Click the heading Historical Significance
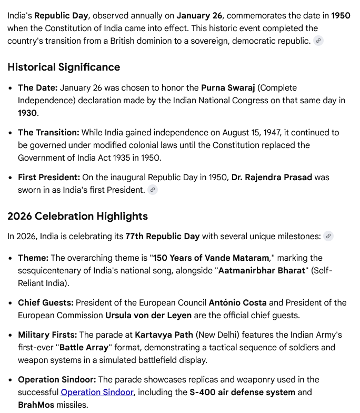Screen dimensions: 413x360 point(64,67)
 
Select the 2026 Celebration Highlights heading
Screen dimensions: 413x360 point(77,216)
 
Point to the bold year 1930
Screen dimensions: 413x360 point(27,113)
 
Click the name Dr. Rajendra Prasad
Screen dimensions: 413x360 point(272,177)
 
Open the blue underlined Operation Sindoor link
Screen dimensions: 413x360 point(97,392)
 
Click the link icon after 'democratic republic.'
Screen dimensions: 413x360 point(318,41)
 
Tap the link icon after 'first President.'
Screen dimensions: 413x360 point(153,190)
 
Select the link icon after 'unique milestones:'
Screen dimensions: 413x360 point(328,236)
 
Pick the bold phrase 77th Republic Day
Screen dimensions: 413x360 point(162,236)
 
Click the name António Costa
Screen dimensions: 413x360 point(237,303)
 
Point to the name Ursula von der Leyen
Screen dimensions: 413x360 point(149,315)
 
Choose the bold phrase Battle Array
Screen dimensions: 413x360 point(84,348)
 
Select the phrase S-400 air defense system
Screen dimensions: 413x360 point(242,392)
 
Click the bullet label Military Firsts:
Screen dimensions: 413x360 point(47,335)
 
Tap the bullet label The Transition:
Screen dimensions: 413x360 point(48,133)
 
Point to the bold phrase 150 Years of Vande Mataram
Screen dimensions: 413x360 point(211,258)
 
